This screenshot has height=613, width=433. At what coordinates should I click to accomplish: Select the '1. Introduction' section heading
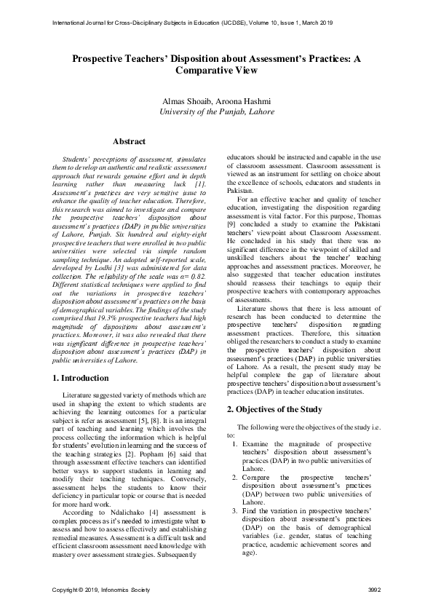pyautogui.click(x=82, y=379)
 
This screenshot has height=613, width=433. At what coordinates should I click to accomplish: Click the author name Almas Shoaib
pyautogui.click(x=188, y=100)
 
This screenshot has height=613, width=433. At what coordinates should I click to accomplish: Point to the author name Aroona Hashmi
pyautogui.click(x=244, y=100)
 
